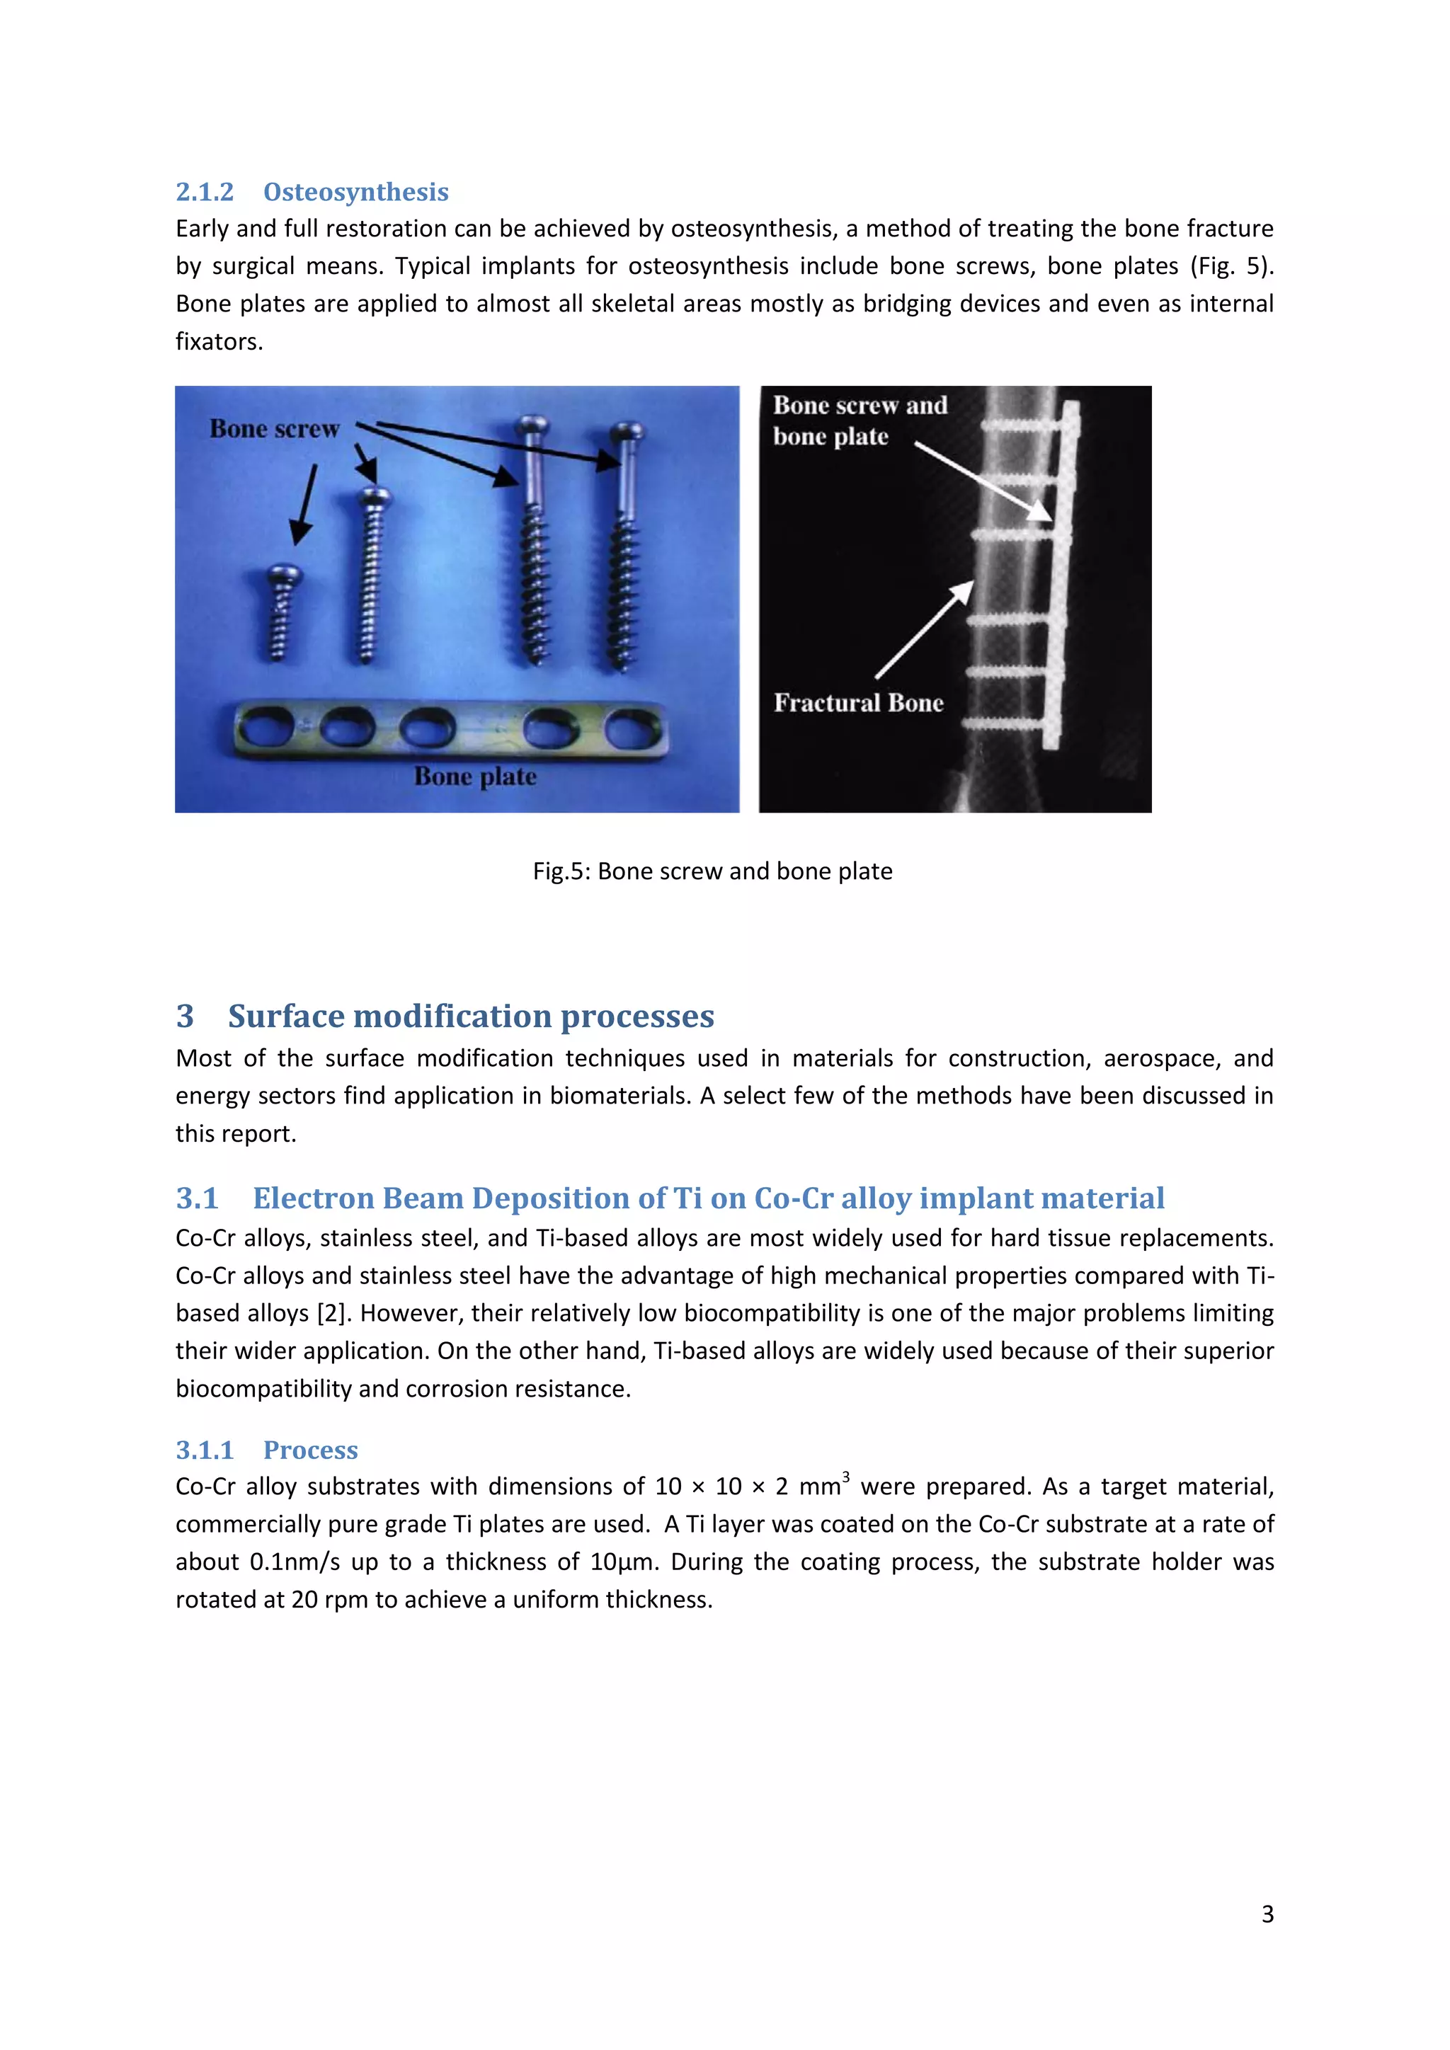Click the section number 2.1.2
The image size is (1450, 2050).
point(205,192)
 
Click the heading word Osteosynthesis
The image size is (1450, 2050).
point(355,192)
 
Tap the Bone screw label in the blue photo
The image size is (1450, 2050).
point(274,430)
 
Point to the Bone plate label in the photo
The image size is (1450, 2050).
point(475,777)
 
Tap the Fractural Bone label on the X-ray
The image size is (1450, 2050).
point(858,704)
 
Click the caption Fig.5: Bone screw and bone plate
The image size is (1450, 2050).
point(712,871)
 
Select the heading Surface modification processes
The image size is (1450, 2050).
point(471,1016)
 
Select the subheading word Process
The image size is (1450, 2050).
point(311,1450)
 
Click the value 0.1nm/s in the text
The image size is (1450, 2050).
point(295,1562)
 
